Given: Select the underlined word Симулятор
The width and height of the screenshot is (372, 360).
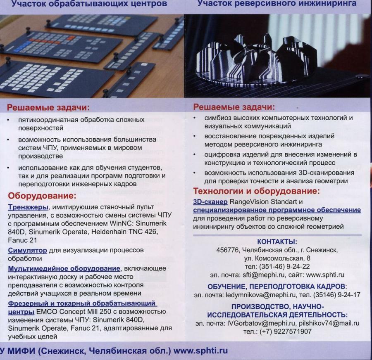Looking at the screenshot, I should click(x=26, y=250).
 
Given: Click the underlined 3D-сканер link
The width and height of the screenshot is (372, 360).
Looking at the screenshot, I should click(x=210, y=202).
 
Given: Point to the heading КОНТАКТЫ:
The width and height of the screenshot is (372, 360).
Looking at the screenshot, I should click(x=277, y=242).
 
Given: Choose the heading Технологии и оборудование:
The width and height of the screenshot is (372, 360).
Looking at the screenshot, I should click(x=256, y=191).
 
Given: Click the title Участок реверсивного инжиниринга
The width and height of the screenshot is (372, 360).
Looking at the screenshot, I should click(x=277, y=4).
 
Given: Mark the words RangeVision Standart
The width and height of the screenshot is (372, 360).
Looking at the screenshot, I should click(x=264, y=202).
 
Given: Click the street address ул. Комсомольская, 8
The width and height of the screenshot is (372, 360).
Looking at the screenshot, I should click(x=277, y=258).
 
